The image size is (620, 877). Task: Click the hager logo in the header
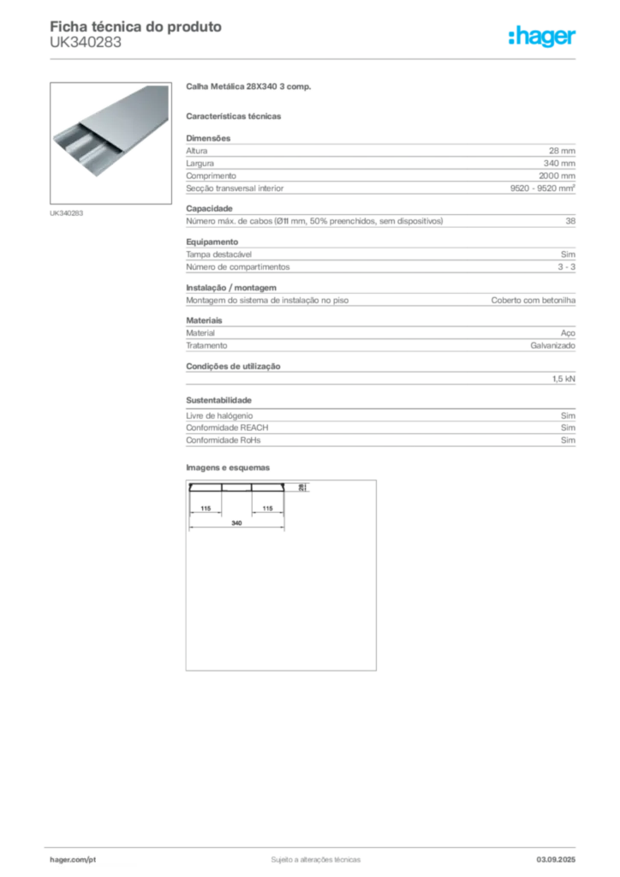click(542, 36)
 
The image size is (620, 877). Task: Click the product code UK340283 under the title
click(86, 43)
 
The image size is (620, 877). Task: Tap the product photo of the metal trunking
click(110, 143)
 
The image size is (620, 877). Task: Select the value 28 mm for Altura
click(562, 151)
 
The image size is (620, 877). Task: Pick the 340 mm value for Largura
click(559, 164)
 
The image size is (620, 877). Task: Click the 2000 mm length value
click(557, 176)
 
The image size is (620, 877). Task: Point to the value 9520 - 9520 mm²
click(543, 188)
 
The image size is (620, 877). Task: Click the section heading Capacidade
click(209, 209)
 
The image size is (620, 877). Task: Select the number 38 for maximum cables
click(570, 221)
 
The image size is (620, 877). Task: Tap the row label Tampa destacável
click(218, 254)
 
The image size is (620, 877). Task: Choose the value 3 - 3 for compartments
click(566, 267)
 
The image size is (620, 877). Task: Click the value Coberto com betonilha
click(534, 301)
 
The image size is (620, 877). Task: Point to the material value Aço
click(568, 333)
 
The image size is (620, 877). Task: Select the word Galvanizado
click(553, 346)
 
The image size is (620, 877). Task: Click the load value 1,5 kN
click(563, 379)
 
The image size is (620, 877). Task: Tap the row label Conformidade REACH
click(227, 428)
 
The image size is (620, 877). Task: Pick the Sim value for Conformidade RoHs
click(568, 440)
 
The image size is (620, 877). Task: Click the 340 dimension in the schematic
click(236, 523)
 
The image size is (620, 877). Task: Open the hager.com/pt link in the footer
click(73, 860)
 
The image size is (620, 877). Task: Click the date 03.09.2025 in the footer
click(556, 860)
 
